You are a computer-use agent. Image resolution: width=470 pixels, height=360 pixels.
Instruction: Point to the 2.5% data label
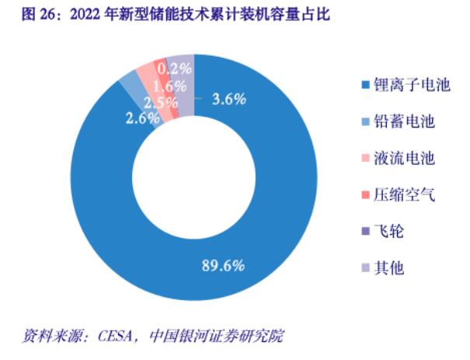[160, 103]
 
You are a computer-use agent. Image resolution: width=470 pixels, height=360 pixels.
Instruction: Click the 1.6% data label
[169, 86]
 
